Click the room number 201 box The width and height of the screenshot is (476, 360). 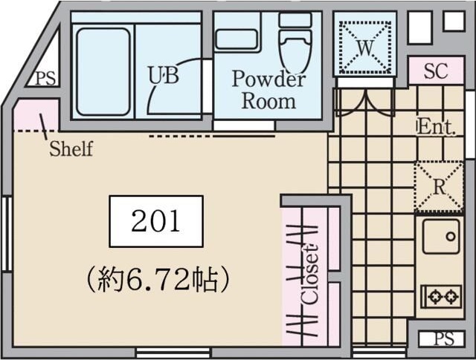coord(156,221)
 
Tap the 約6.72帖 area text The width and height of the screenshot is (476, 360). coord(158,279)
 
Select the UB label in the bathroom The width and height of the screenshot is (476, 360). coord(164,75)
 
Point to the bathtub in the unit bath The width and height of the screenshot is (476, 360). coord(103,72)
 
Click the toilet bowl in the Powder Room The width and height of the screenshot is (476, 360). coord(295,50)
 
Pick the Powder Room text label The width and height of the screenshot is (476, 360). coord(268,90)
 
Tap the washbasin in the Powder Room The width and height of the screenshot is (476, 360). coord(237,39)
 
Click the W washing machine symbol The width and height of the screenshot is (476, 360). coord(365,47)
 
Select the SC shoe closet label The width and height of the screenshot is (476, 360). coord(436,71)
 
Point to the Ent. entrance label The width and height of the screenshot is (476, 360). coord(437,127)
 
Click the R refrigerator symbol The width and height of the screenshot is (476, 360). coord(439,187)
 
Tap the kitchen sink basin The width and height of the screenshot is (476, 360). coord(441,236)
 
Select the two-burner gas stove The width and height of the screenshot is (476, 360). coord(442,296)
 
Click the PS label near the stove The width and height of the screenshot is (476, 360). coord(444,338)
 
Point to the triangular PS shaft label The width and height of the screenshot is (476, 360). coord(46,79)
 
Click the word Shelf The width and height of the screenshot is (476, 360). coord(71,148)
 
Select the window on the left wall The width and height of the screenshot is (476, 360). coord(7,234)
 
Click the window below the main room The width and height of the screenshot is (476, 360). coord(173,353)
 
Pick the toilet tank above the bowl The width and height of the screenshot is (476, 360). coord(295,20)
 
